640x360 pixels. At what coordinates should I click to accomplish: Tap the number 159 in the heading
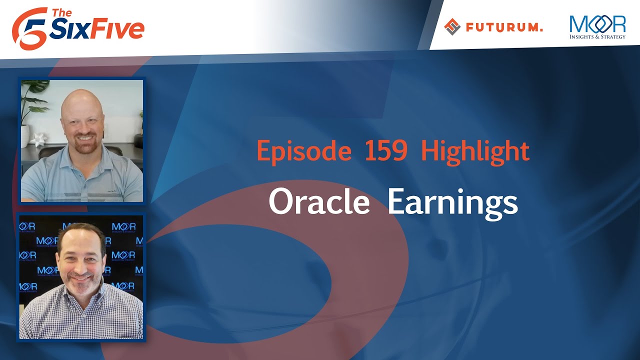click(386, 150)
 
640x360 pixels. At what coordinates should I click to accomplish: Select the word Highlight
click(475, 151)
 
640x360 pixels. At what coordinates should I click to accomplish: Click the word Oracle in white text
click(319, 201)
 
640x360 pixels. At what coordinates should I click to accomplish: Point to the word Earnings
click(452, 203)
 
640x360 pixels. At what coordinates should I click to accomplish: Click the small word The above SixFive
click(61, 13)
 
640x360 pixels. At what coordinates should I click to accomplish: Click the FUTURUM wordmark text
click(504, 27)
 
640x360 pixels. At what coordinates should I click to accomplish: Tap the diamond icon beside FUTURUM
click(452, 27)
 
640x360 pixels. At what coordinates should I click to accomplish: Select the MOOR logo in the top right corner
click(597, 27)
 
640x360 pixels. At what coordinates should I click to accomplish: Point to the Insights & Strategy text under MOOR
click(597, 36)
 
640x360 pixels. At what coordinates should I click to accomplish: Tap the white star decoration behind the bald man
click(38, 139)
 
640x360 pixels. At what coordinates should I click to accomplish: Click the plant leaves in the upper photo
click(34, 100)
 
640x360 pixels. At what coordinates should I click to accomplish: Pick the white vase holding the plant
click(25, 136)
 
